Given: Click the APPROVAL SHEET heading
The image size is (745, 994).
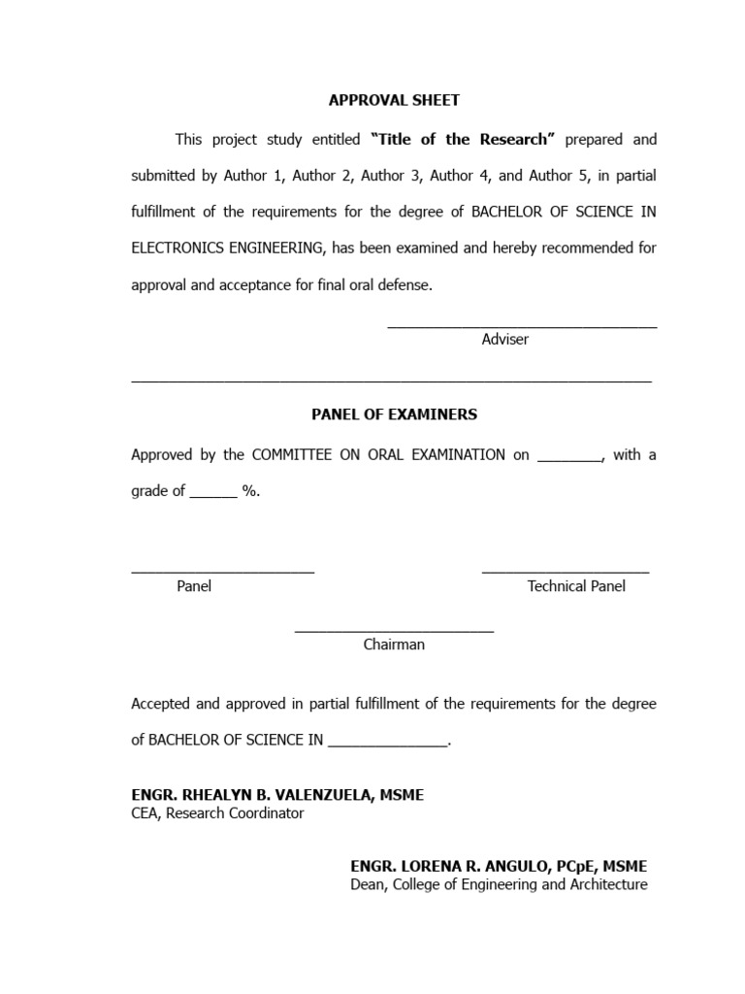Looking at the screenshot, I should click(x=394, y=100).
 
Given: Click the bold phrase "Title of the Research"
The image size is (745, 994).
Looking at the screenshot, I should click(x=463, y=140).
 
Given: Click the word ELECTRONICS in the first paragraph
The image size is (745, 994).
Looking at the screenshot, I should click(x=178, y=248).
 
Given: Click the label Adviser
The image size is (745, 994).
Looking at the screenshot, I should click(x=504, y=340).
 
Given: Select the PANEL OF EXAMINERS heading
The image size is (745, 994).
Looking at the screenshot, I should click(x=394, y=414).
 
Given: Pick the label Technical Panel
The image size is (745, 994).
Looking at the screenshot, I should click(x=576, y=586).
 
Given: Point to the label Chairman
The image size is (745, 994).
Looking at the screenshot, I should click(x=394, y=645).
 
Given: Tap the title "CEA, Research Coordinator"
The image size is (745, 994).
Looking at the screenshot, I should click(x=217, y=813).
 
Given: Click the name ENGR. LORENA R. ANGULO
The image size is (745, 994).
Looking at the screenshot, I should click(x=454, y=866).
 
